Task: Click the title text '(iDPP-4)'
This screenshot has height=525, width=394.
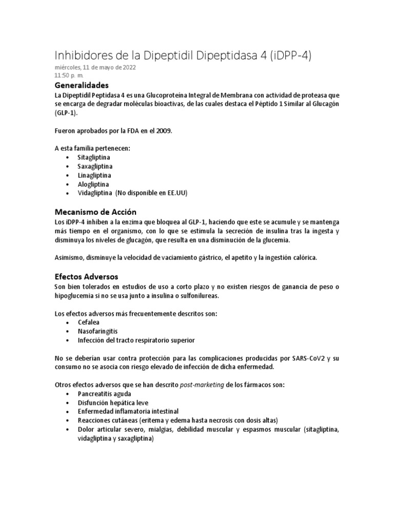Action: point(303,55)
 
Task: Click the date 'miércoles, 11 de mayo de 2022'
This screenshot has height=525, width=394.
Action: point(95,68)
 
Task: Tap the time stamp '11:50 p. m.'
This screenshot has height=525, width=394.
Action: point(69,75)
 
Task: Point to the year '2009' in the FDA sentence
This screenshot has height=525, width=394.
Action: point(164,131)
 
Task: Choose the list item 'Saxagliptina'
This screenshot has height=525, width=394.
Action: point(95,166)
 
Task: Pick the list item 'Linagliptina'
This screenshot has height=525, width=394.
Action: point(95,175)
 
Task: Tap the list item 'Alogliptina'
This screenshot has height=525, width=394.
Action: point(93,184)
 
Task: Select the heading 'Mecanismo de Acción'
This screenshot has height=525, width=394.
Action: point(95,212)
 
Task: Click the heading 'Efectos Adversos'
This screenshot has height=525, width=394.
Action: point(86,276)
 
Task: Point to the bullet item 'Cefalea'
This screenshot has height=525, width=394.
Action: point(89,322)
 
